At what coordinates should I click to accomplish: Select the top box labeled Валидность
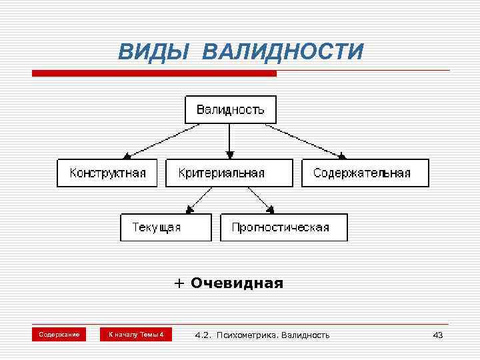click(230, 109)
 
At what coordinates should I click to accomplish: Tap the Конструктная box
click(107, 173)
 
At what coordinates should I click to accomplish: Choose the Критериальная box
click(229, 173)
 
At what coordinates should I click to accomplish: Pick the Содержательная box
click(365, 173)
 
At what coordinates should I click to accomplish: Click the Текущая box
click(165, 227)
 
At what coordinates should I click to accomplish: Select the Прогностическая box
click(283, 227)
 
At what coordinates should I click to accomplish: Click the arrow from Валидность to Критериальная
click(229, 141)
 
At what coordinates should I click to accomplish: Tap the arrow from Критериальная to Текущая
click(201, 199)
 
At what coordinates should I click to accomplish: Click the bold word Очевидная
click(237, 283)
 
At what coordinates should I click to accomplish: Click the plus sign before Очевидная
click(179, 283)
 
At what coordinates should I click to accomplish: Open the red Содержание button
click(59, 334)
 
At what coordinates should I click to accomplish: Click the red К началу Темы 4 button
click(135, 334)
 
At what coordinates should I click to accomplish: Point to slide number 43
click(437, 335)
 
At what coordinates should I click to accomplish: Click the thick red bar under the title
click(154, 73)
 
